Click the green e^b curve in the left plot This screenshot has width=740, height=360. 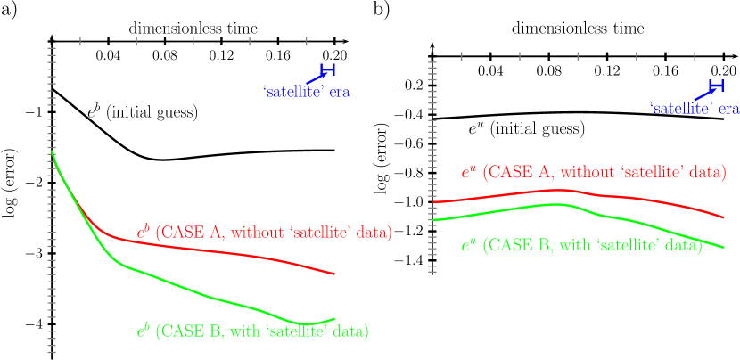coord(223,299)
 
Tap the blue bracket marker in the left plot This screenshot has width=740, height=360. coord(328,70)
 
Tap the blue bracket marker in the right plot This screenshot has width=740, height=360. coord(716,86)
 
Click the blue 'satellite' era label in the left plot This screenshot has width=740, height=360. coord(307,91)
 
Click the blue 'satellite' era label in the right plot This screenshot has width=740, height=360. coord(695,108)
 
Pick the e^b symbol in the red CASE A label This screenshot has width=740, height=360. coord(142,233)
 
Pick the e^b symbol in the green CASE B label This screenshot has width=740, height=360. coord(142,331)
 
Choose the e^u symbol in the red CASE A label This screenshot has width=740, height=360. coord(468,172)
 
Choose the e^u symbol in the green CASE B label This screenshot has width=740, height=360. coord(468,245)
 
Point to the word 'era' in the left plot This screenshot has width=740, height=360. coord(339,92)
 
